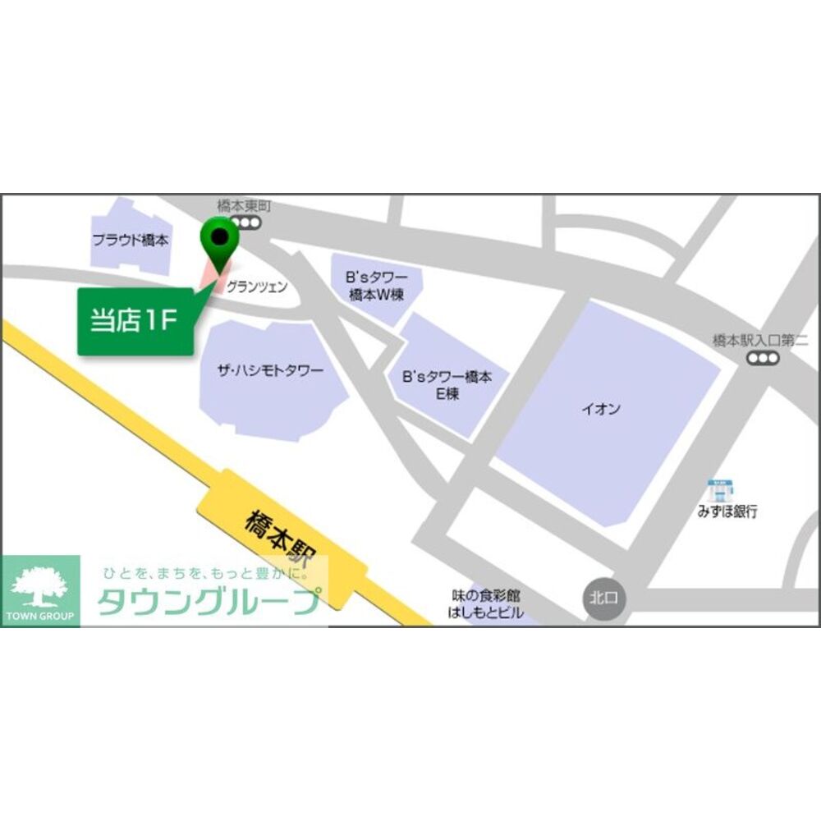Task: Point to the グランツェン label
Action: tap(257, 287)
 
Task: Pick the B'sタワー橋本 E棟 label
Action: tap(447, 386)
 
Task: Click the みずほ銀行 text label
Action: tap(727, 511)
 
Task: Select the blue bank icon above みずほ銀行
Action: tap(720, 489)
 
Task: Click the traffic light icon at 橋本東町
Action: tap(245, 222)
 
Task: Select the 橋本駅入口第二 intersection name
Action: tap(760, 341)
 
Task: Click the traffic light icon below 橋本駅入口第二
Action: tap(763, 358)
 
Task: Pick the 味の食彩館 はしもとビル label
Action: tap(486, 603)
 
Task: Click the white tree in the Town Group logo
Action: tap(40, 585)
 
